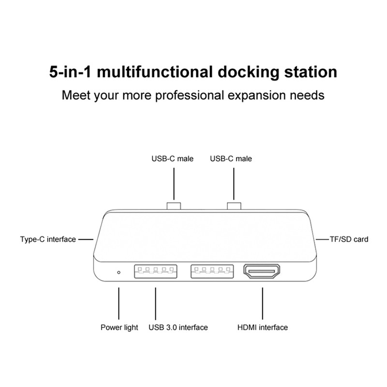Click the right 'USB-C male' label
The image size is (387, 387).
pyautogui.click(x=231, y=159)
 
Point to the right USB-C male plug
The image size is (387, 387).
pyautogui.click(x=234, y=207)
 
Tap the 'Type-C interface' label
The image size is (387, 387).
pyautogui.click(x=48, y=239)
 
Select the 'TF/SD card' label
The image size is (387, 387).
pyautogui.click(x=349, y=239)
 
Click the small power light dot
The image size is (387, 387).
pyautogui.click(x=119, y=272)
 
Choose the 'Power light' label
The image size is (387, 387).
pyautogui.click(x=119, y=327)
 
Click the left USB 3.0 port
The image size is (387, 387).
pyautogui.click(x=155, y=272)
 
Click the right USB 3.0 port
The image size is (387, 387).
pyautogui.click(x=212, y=272)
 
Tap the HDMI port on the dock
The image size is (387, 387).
pyautogui.click(x=263, y=272)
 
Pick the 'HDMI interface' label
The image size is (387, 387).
pyautogui.click(x=262, y=327)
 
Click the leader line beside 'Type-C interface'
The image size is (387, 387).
pyautogui.click(x=85, y=239)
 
